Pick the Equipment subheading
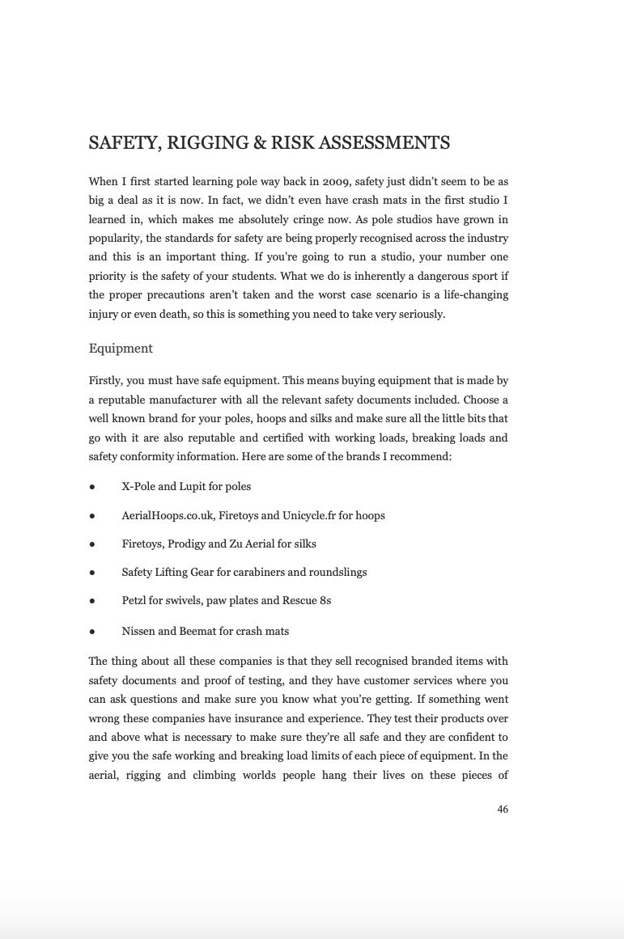tap(121, 349)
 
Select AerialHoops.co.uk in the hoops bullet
tap(168, 515)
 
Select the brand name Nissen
tap(138, 631)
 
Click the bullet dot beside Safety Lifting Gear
tap(92, 573)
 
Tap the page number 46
tap(503, 810)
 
